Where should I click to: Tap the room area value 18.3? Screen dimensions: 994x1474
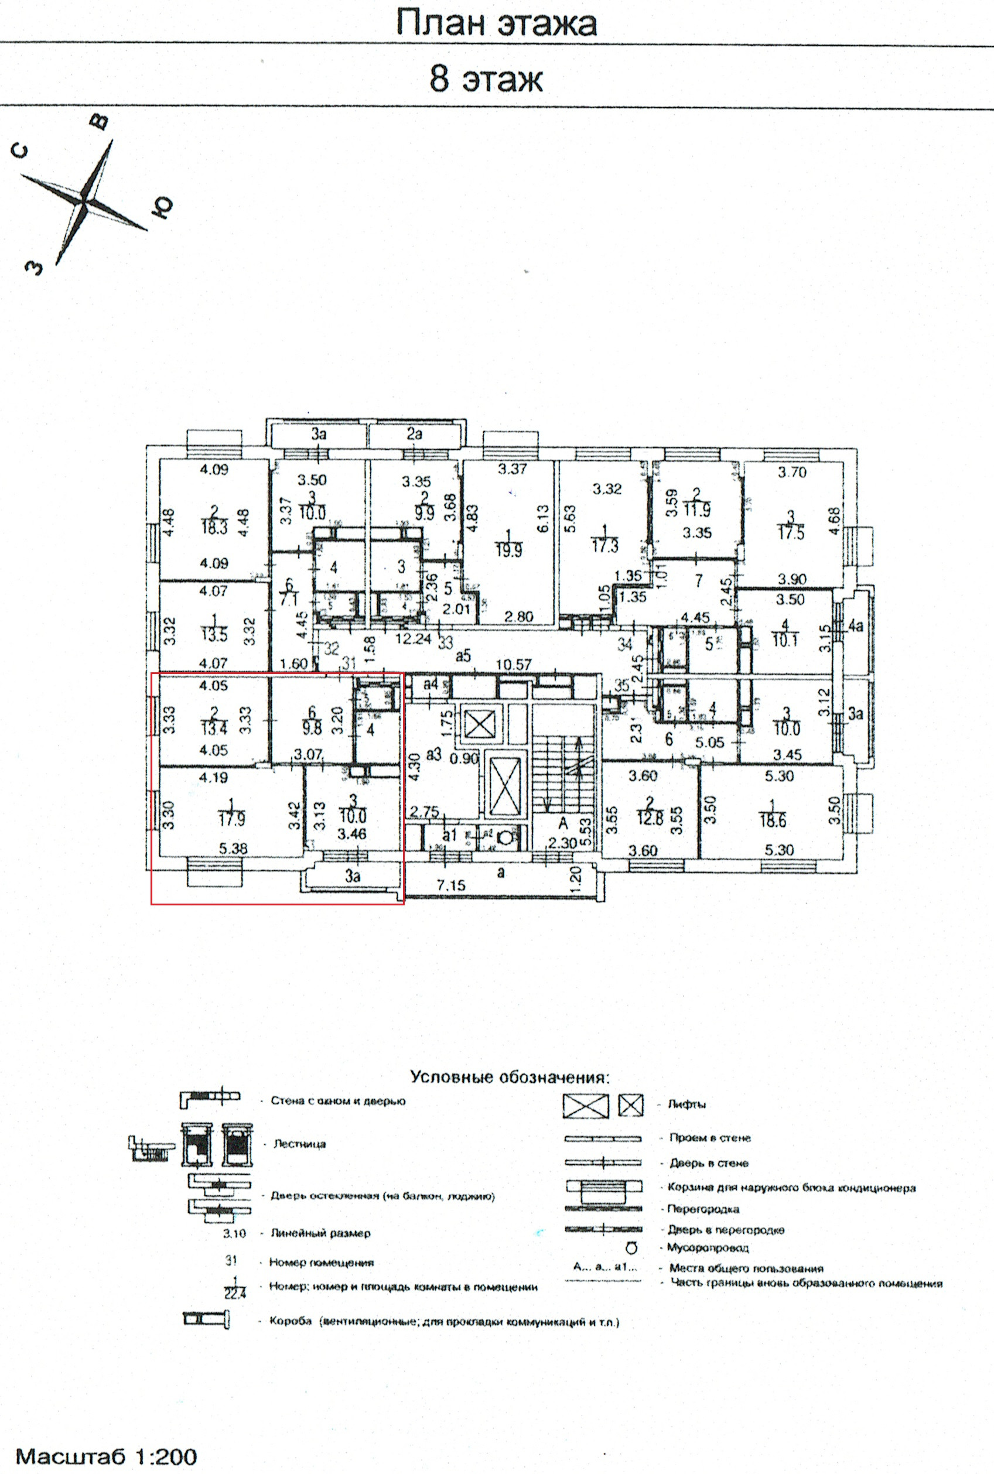pos(214,527)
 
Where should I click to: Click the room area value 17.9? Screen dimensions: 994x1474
pos(232,819)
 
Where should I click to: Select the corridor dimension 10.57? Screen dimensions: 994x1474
pos(514,664)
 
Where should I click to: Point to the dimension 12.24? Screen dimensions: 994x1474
pos(414,639)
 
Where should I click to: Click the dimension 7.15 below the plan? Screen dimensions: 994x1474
pos(450,885)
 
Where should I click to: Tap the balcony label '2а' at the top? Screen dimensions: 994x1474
pos(414,434)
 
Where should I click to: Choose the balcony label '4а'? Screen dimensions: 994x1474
pos(856,626)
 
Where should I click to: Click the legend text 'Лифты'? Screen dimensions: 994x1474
pos(686,1104)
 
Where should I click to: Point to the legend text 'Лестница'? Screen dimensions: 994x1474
pos(299,1144)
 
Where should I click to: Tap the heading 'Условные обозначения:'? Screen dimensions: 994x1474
pos(510,1077)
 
